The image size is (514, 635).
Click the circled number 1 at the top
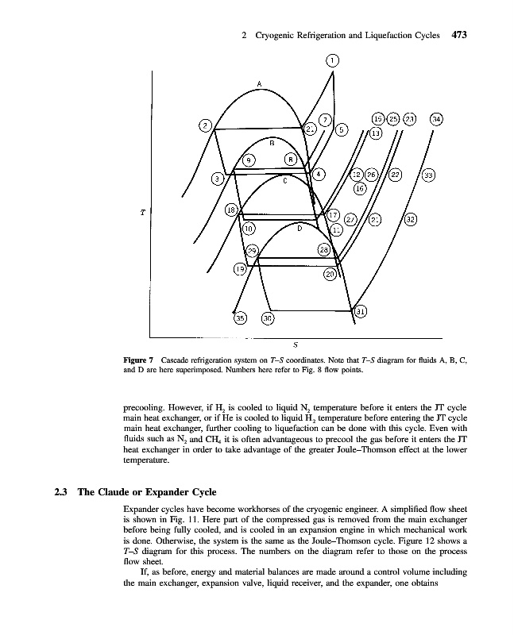333,59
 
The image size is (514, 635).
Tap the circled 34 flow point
437,119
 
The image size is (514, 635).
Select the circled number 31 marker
361,312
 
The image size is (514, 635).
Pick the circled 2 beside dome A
205,125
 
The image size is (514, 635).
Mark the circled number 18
231,210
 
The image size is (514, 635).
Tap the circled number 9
249,160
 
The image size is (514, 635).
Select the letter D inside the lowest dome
300,228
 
